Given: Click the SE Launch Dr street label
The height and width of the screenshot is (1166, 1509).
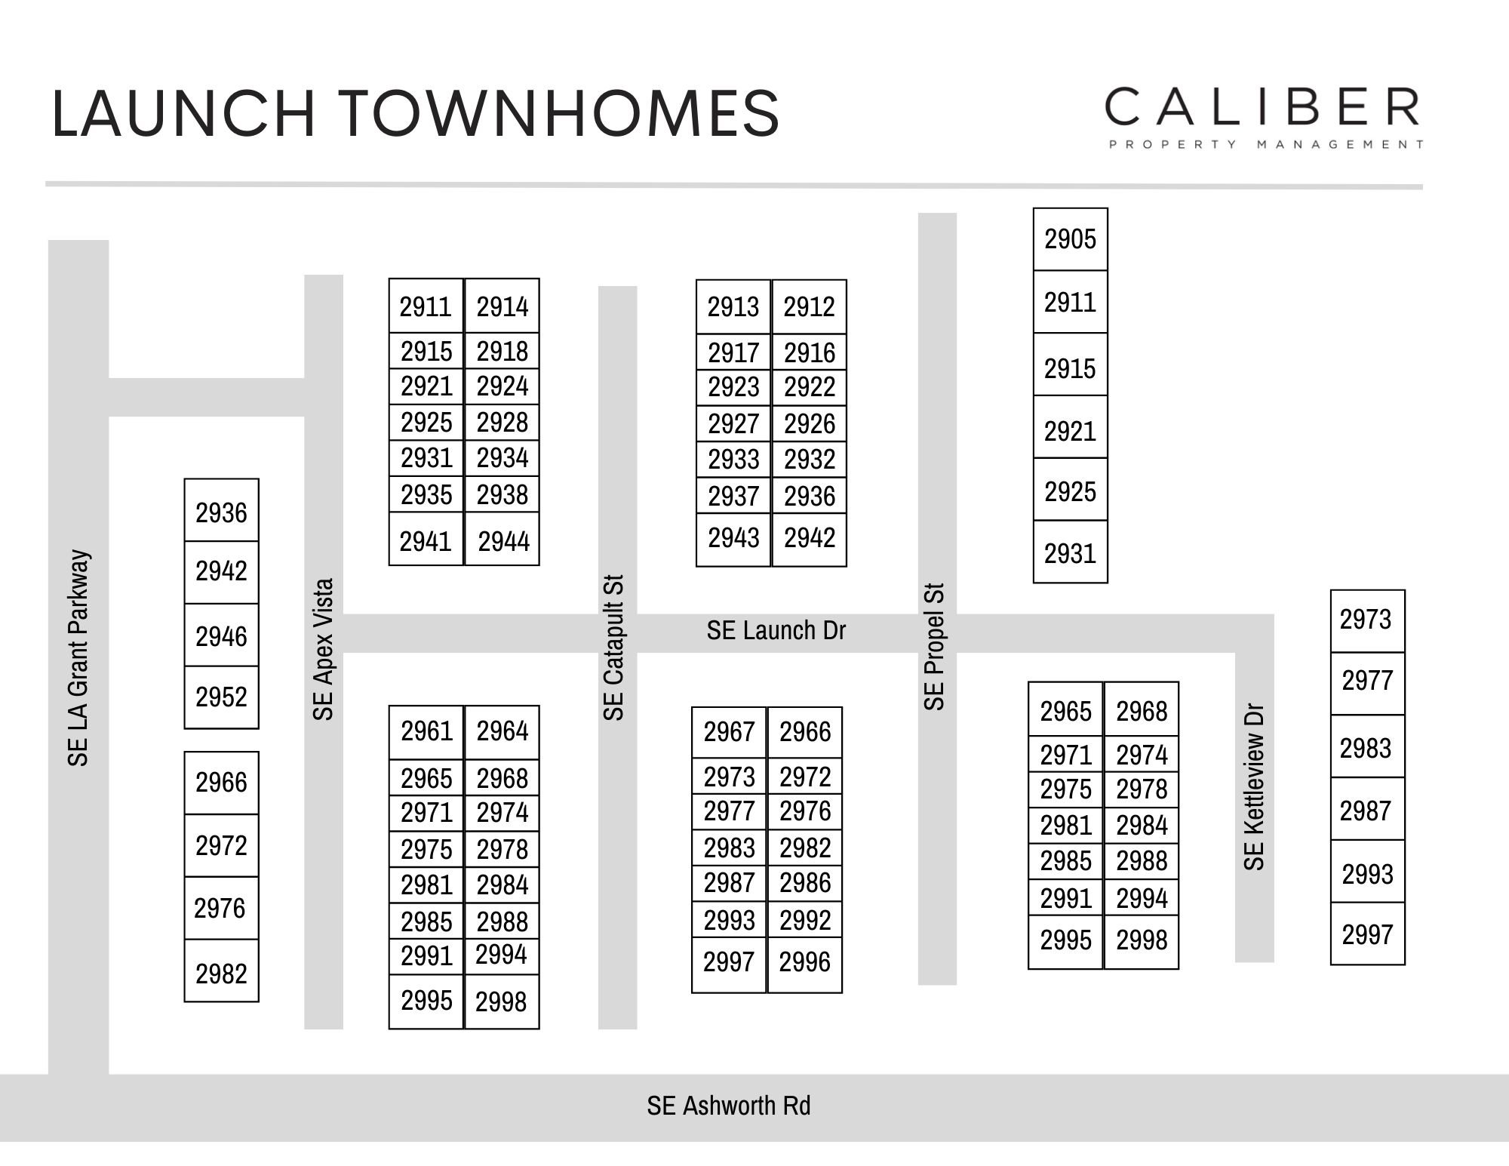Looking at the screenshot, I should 776,631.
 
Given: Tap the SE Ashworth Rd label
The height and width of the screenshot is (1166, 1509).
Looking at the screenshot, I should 728,1106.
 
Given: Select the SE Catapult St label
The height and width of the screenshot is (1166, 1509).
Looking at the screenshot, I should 614,648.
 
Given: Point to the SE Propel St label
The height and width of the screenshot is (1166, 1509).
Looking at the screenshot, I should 934,646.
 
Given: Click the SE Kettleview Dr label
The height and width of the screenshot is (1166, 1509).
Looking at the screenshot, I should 1253,786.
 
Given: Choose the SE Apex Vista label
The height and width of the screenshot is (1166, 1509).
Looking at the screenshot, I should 323,649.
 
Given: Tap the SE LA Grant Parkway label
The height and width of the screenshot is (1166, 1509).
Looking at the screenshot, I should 78,657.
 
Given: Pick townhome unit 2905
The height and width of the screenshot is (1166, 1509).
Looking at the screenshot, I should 1070,239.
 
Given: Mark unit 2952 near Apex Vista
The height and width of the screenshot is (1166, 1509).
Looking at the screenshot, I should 221,697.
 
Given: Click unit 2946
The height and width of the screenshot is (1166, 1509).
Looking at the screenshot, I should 221,637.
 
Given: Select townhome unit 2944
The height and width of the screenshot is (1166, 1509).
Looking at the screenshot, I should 503,541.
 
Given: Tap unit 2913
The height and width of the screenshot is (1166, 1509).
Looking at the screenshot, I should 733,307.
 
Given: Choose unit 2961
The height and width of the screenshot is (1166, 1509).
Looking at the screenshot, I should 426,731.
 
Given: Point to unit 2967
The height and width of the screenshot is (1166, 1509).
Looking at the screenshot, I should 729,732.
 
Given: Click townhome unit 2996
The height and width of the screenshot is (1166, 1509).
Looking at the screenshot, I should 804,962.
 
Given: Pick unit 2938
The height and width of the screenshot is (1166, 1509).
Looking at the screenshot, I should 502,495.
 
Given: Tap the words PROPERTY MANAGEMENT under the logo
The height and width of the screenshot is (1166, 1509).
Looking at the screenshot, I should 1265,144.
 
